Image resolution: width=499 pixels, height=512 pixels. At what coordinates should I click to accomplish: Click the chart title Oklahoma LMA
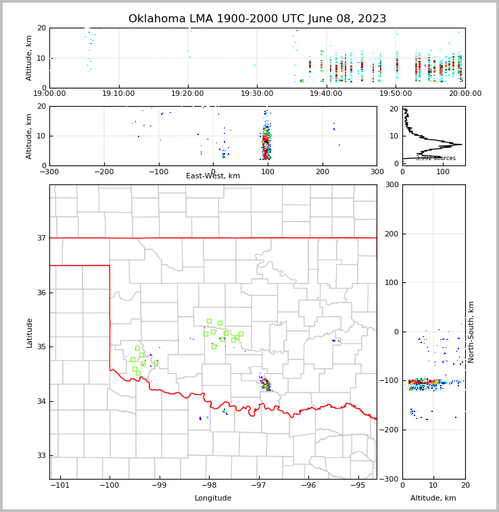[x=257, y=19]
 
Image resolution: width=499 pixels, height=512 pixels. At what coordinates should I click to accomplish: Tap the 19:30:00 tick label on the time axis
[x=257, y=94]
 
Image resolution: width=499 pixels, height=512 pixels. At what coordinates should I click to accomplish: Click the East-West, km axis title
[x=213, y=176]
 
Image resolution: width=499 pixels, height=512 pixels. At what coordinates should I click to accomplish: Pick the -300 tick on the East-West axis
[x=49, y=172]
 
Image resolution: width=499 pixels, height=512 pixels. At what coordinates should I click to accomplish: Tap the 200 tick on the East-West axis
[x=323, y=172]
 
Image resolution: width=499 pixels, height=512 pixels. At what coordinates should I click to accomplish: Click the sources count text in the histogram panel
[x=435, y=158]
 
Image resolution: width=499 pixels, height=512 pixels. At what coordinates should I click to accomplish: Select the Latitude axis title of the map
[x=30, y=332]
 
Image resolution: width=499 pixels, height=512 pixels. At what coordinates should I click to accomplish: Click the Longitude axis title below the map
[x=213, y=498]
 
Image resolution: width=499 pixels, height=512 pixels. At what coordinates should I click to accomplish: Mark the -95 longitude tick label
[x=358, y=485]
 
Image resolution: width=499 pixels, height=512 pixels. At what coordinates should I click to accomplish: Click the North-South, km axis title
[x=472, y=332]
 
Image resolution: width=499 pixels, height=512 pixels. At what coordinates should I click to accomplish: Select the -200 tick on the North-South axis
[x=391, y=430]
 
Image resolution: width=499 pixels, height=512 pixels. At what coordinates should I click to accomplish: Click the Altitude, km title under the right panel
[x=433, y=498]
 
